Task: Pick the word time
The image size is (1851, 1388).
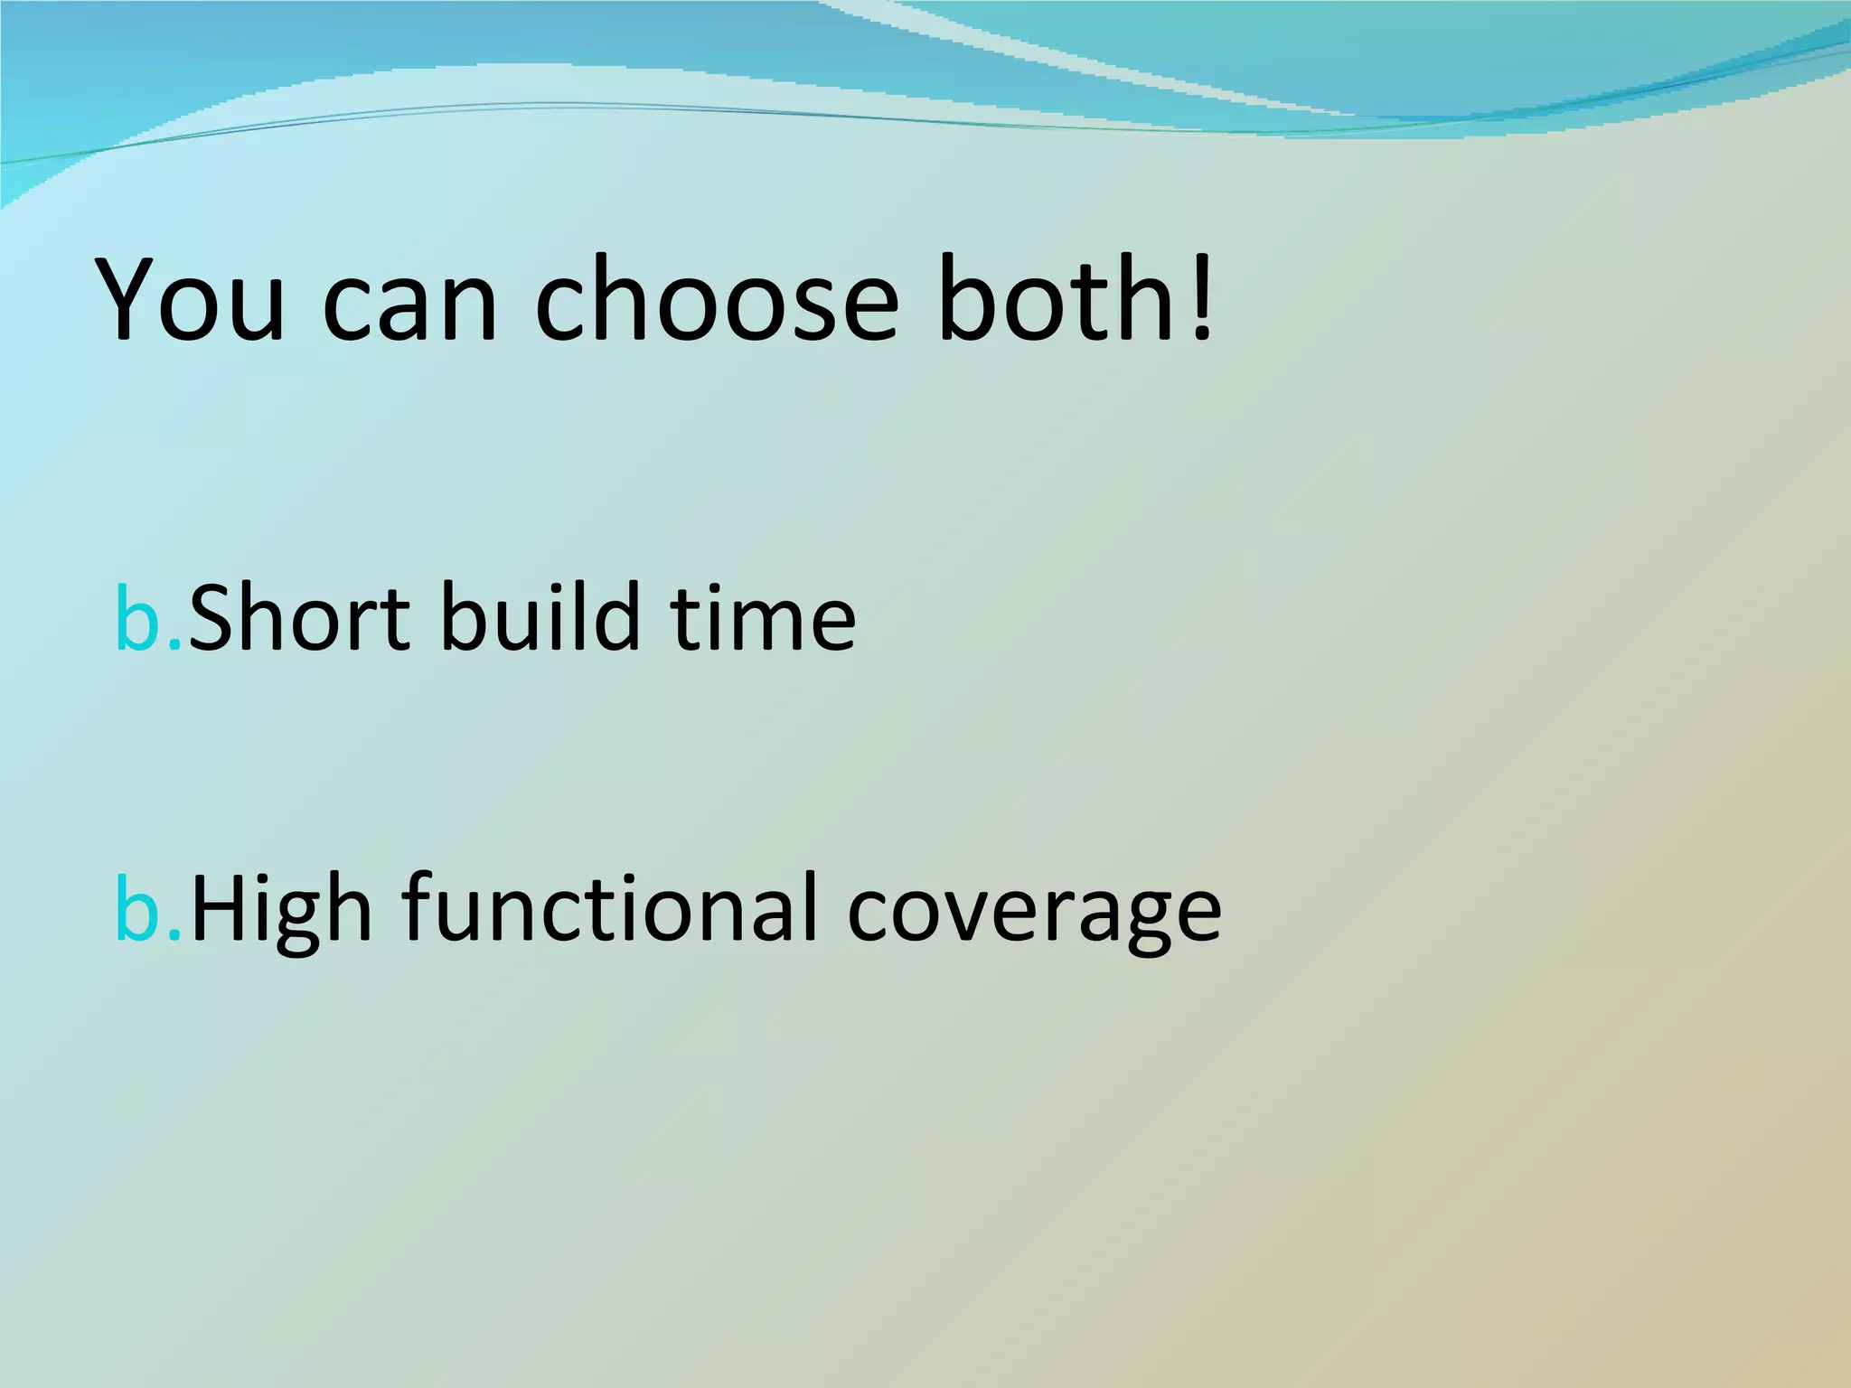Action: coord(764,619)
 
